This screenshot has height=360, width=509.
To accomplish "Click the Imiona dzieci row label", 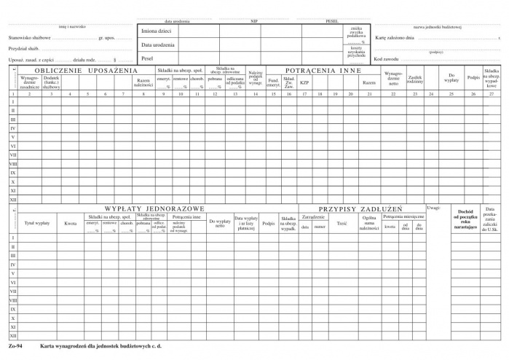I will pos(157,31).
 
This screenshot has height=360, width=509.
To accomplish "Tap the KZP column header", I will pos(304,82).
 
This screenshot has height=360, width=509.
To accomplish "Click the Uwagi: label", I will pos(433,208).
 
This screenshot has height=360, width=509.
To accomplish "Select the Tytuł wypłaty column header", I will pos(37,222).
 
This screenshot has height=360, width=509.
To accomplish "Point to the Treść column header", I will pos(342,222).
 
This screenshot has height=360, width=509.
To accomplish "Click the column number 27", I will pos(492,94).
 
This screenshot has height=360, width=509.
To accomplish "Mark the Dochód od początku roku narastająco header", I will pos(465,219).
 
